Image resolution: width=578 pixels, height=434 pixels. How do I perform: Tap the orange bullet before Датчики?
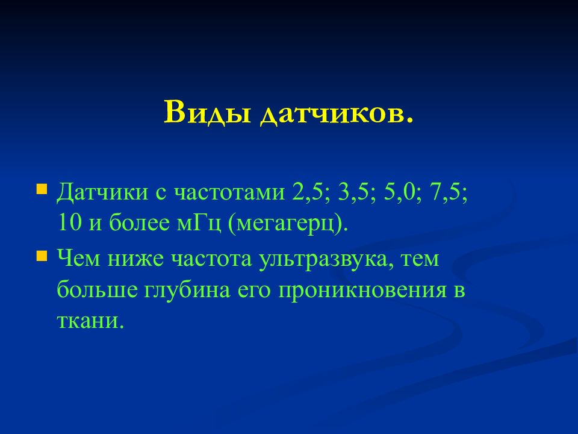tap(42, 189)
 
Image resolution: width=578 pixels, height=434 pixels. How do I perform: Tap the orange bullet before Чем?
tap(42, 256)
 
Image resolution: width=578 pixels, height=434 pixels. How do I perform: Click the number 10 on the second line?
tap(69, 223)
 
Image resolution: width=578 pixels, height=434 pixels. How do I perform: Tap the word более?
tap(139, 223)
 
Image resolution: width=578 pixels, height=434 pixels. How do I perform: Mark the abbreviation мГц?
tap(199, 224)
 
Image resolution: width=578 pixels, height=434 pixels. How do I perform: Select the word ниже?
tap(135, 259)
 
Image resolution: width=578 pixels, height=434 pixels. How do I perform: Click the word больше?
tap(98, 289)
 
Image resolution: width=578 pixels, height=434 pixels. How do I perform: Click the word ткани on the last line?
tap(90, 321)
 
